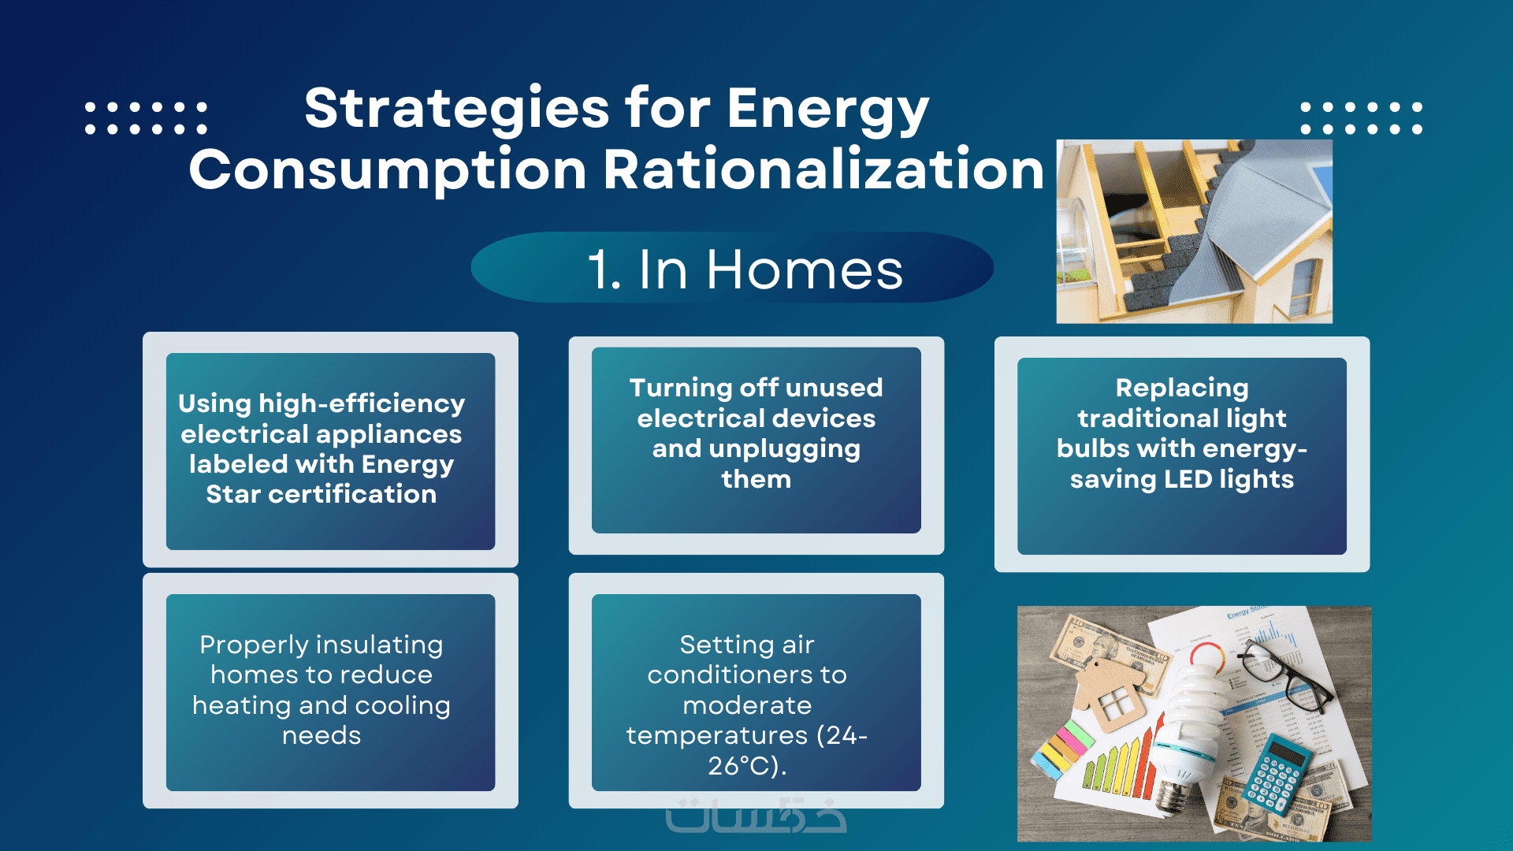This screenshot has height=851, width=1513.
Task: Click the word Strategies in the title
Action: (x=457, y=109)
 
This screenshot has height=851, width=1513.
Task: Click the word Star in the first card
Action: (x=233, y=494)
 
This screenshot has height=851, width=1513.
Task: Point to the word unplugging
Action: (x=784, y=449)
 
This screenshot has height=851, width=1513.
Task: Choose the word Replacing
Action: (x=1182, y=388)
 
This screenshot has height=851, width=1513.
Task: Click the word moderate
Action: (x=747, y=705)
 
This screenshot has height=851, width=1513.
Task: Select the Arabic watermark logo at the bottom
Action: (x=756, y=816)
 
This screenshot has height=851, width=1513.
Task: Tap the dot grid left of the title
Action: (x=146, y=117)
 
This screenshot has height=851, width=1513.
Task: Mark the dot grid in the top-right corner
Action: (x=1361, y=117)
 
